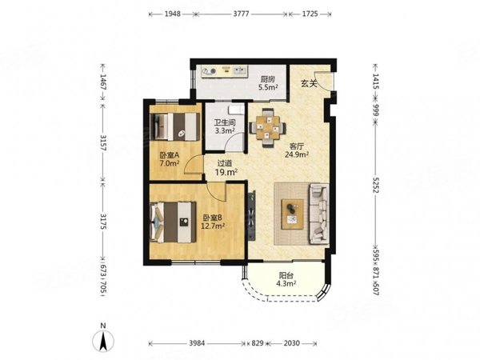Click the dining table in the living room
268,128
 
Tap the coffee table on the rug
292,214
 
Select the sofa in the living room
319,214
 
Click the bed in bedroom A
174,127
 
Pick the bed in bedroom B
173,222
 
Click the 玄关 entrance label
309,83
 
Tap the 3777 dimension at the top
242,14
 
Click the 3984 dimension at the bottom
197,343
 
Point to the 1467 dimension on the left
103,82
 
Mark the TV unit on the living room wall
252,215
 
